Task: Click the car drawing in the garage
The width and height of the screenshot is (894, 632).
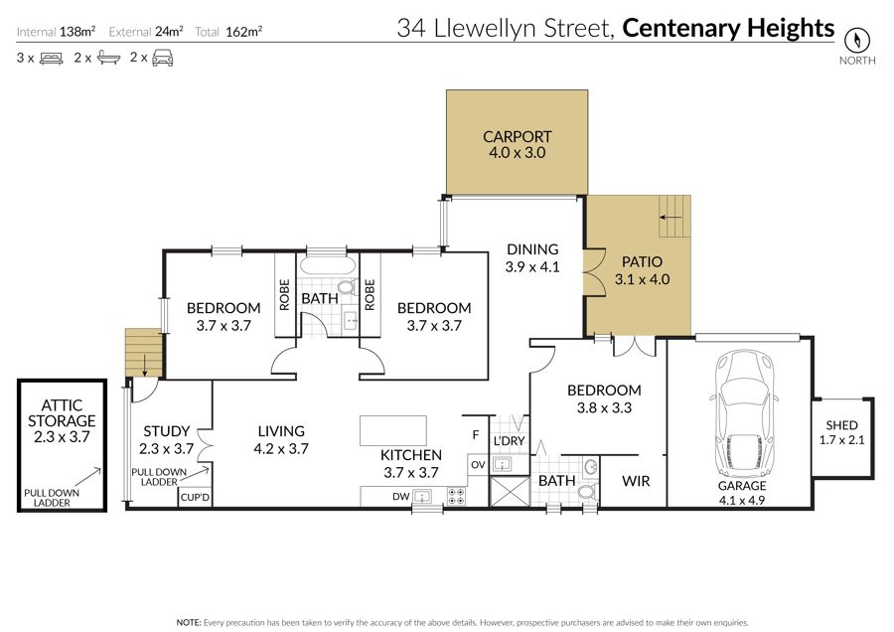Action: coord(744,414)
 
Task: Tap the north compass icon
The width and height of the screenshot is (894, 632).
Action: coord(857,40)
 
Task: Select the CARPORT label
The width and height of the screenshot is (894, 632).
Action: coord(518,137)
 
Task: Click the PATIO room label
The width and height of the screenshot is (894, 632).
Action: coord(642,261)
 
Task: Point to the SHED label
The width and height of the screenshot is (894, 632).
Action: coord(841,425)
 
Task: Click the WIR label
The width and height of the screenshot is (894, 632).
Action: coord(636,481)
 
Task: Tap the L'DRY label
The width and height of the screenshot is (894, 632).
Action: coord(509,441)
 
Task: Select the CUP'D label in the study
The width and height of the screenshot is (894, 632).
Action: coord(195,498)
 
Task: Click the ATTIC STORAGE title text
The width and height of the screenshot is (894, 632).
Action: coord(62,413)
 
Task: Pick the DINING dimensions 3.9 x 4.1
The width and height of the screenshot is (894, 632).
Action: coord(532,267)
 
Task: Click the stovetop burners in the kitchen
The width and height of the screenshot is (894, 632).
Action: coord(456,497)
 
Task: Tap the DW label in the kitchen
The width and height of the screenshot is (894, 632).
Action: coord(400,497)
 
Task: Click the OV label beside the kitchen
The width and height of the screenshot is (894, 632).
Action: coord(478,465)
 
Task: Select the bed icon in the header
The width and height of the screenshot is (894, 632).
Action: coord(52,59)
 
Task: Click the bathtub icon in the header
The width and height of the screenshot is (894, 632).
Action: coord(108,58)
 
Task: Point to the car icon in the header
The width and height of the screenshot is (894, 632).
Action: coord(163,59)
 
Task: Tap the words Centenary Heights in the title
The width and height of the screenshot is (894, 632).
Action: coord(728,28)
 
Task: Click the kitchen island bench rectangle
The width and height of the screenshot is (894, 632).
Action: coord(392,430)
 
